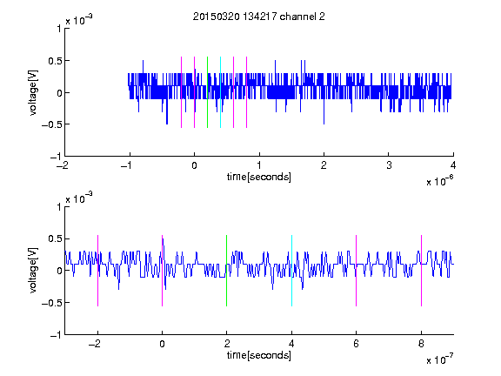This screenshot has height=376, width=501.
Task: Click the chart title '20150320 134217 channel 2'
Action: tap(259, 17)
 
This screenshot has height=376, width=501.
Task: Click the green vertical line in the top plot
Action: tap(207, 92)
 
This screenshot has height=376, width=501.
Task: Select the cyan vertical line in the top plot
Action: tap(220, 92)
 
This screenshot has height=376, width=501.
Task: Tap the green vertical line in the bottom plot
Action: tap(226, 271)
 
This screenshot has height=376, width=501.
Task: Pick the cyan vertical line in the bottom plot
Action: tap(291, 271)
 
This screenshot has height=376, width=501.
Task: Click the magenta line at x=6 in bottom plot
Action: tap(357, 271)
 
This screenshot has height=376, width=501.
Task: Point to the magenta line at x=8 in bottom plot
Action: tap(422, 271)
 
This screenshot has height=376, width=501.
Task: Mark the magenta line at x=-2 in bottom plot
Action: tap(97, 271)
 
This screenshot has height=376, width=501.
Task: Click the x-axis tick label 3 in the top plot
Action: tap(389, 165)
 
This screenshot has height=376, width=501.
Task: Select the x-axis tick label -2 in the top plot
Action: tap(63, 165)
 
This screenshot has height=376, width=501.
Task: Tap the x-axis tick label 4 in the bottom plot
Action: tap(291, 344)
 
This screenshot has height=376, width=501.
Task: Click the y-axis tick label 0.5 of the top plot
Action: tap(55, 61)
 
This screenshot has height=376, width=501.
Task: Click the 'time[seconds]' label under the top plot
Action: tap(259, 177)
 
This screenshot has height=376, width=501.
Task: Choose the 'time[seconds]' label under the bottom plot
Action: tap(259, 355)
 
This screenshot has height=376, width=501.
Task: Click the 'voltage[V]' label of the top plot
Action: tap(33, 92)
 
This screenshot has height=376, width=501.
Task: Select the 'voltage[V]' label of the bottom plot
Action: tap(33, 271)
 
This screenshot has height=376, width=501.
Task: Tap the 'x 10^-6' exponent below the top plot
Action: tap(440, 181)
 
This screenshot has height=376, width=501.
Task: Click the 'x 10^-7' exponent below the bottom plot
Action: tap(440, 359)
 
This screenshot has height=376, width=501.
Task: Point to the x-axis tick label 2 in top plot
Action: tap(324, 165)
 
